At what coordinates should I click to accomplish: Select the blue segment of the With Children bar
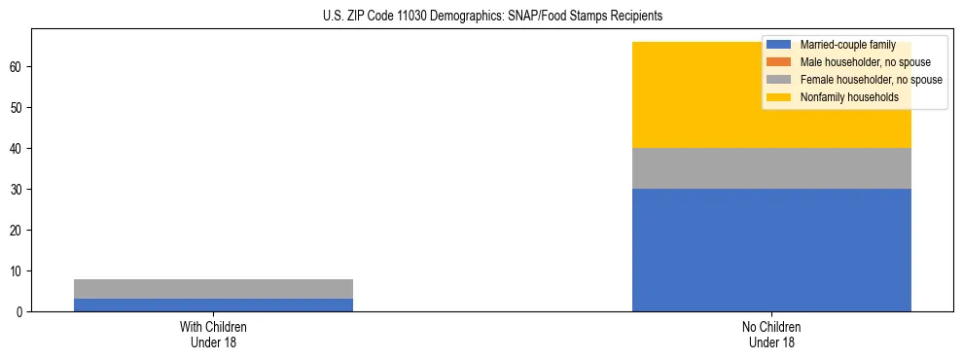(x=214, y=305)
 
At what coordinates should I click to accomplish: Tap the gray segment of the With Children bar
(x=214, y=289)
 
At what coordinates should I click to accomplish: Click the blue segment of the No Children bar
(x=771, y=250)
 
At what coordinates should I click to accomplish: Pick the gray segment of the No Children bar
(x=771, y=168)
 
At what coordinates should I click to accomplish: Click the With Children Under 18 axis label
(x=214, y=334)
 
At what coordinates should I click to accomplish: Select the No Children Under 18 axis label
(x=771, y=334)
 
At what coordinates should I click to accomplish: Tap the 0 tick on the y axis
(x=20, y=311)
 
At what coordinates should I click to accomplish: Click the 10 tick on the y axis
(x=18, y=270)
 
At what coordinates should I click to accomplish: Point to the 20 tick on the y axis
(x=18, y=230)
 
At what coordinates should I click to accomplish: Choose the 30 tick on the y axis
(x=18, y=189)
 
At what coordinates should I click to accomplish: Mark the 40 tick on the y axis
(x=18, y=148)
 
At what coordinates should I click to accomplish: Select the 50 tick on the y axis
(x=18, y=107)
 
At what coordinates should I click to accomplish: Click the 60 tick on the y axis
(x=18, y=66)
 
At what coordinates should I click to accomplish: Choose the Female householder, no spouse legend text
(x=871, y=80)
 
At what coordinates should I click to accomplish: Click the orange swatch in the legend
(x=779, y=62)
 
